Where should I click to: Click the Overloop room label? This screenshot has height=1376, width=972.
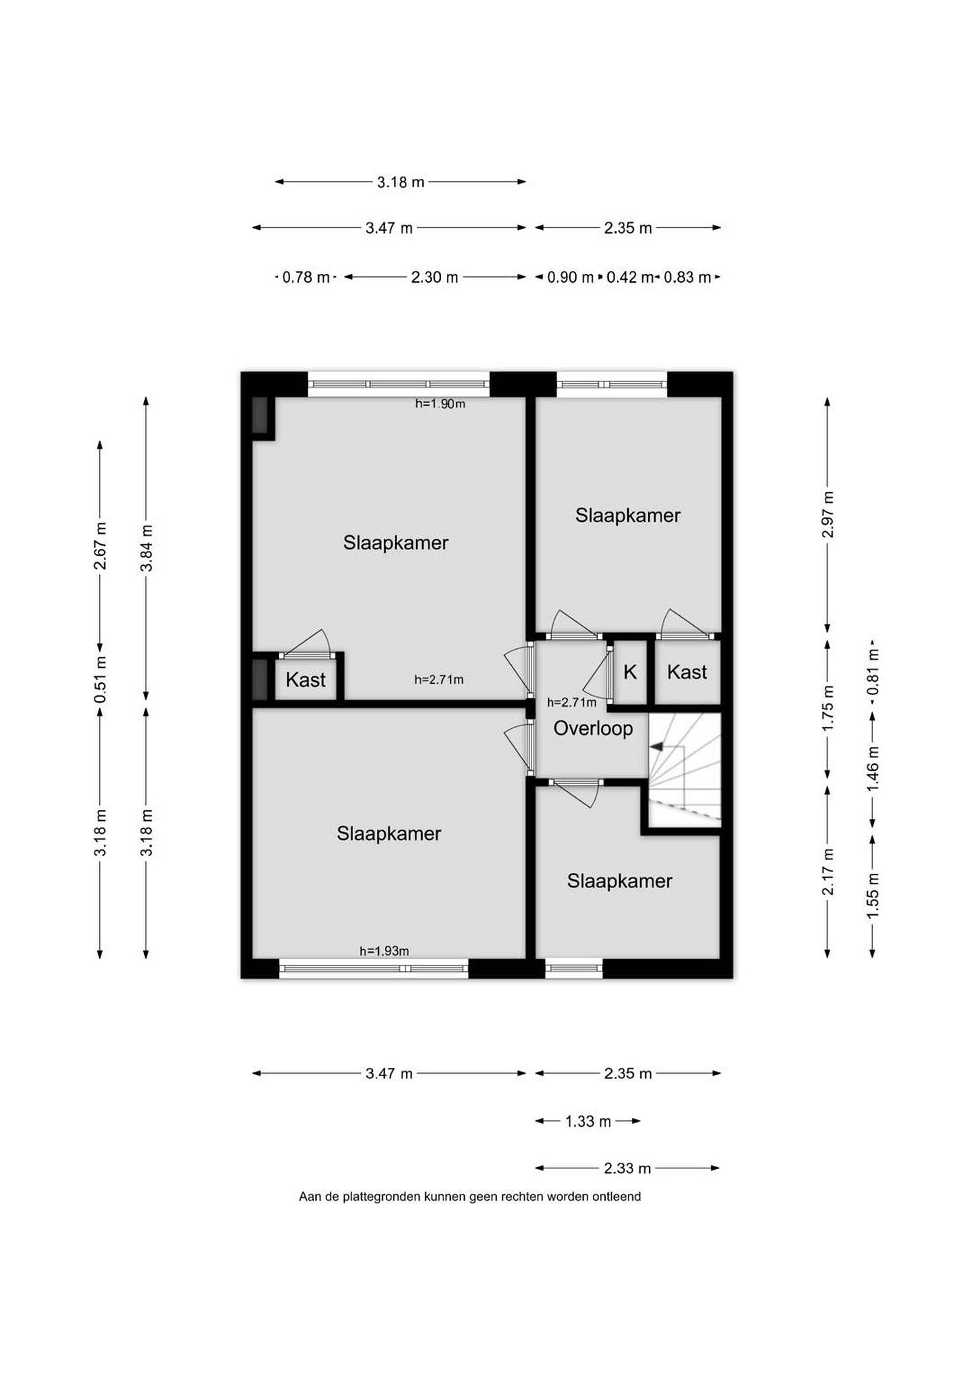[593, 729]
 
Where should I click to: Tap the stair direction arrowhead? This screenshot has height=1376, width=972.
[657, 747]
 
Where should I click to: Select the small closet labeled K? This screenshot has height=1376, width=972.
[630, 672]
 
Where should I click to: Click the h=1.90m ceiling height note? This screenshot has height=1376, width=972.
[440, 404]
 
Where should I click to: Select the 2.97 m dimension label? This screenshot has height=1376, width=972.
[828, 514]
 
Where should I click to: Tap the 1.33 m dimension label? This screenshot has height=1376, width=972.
[588, 1121]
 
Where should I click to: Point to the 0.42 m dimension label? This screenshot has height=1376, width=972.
[629, 278]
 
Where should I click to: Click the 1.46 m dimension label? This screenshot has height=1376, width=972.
[873, 768]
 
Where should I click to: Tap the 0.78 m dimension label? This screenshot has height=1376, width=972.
[306, 278]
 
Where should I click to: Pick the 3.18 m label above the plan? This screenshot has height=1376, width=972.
[401, 182]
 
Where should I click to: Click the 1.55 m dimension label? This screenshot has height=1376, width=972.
[873, 895]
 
